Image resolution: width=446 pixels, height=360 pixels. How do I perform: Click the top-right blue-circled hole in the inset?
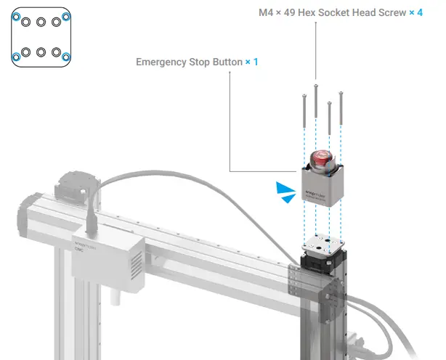[66, 20]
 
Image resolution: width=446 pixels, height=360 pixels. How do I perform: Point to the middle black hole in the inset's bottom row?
[41, 52]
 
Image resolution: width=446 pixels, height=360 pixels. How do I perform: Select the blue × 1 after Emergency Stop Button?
[251, 62]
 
